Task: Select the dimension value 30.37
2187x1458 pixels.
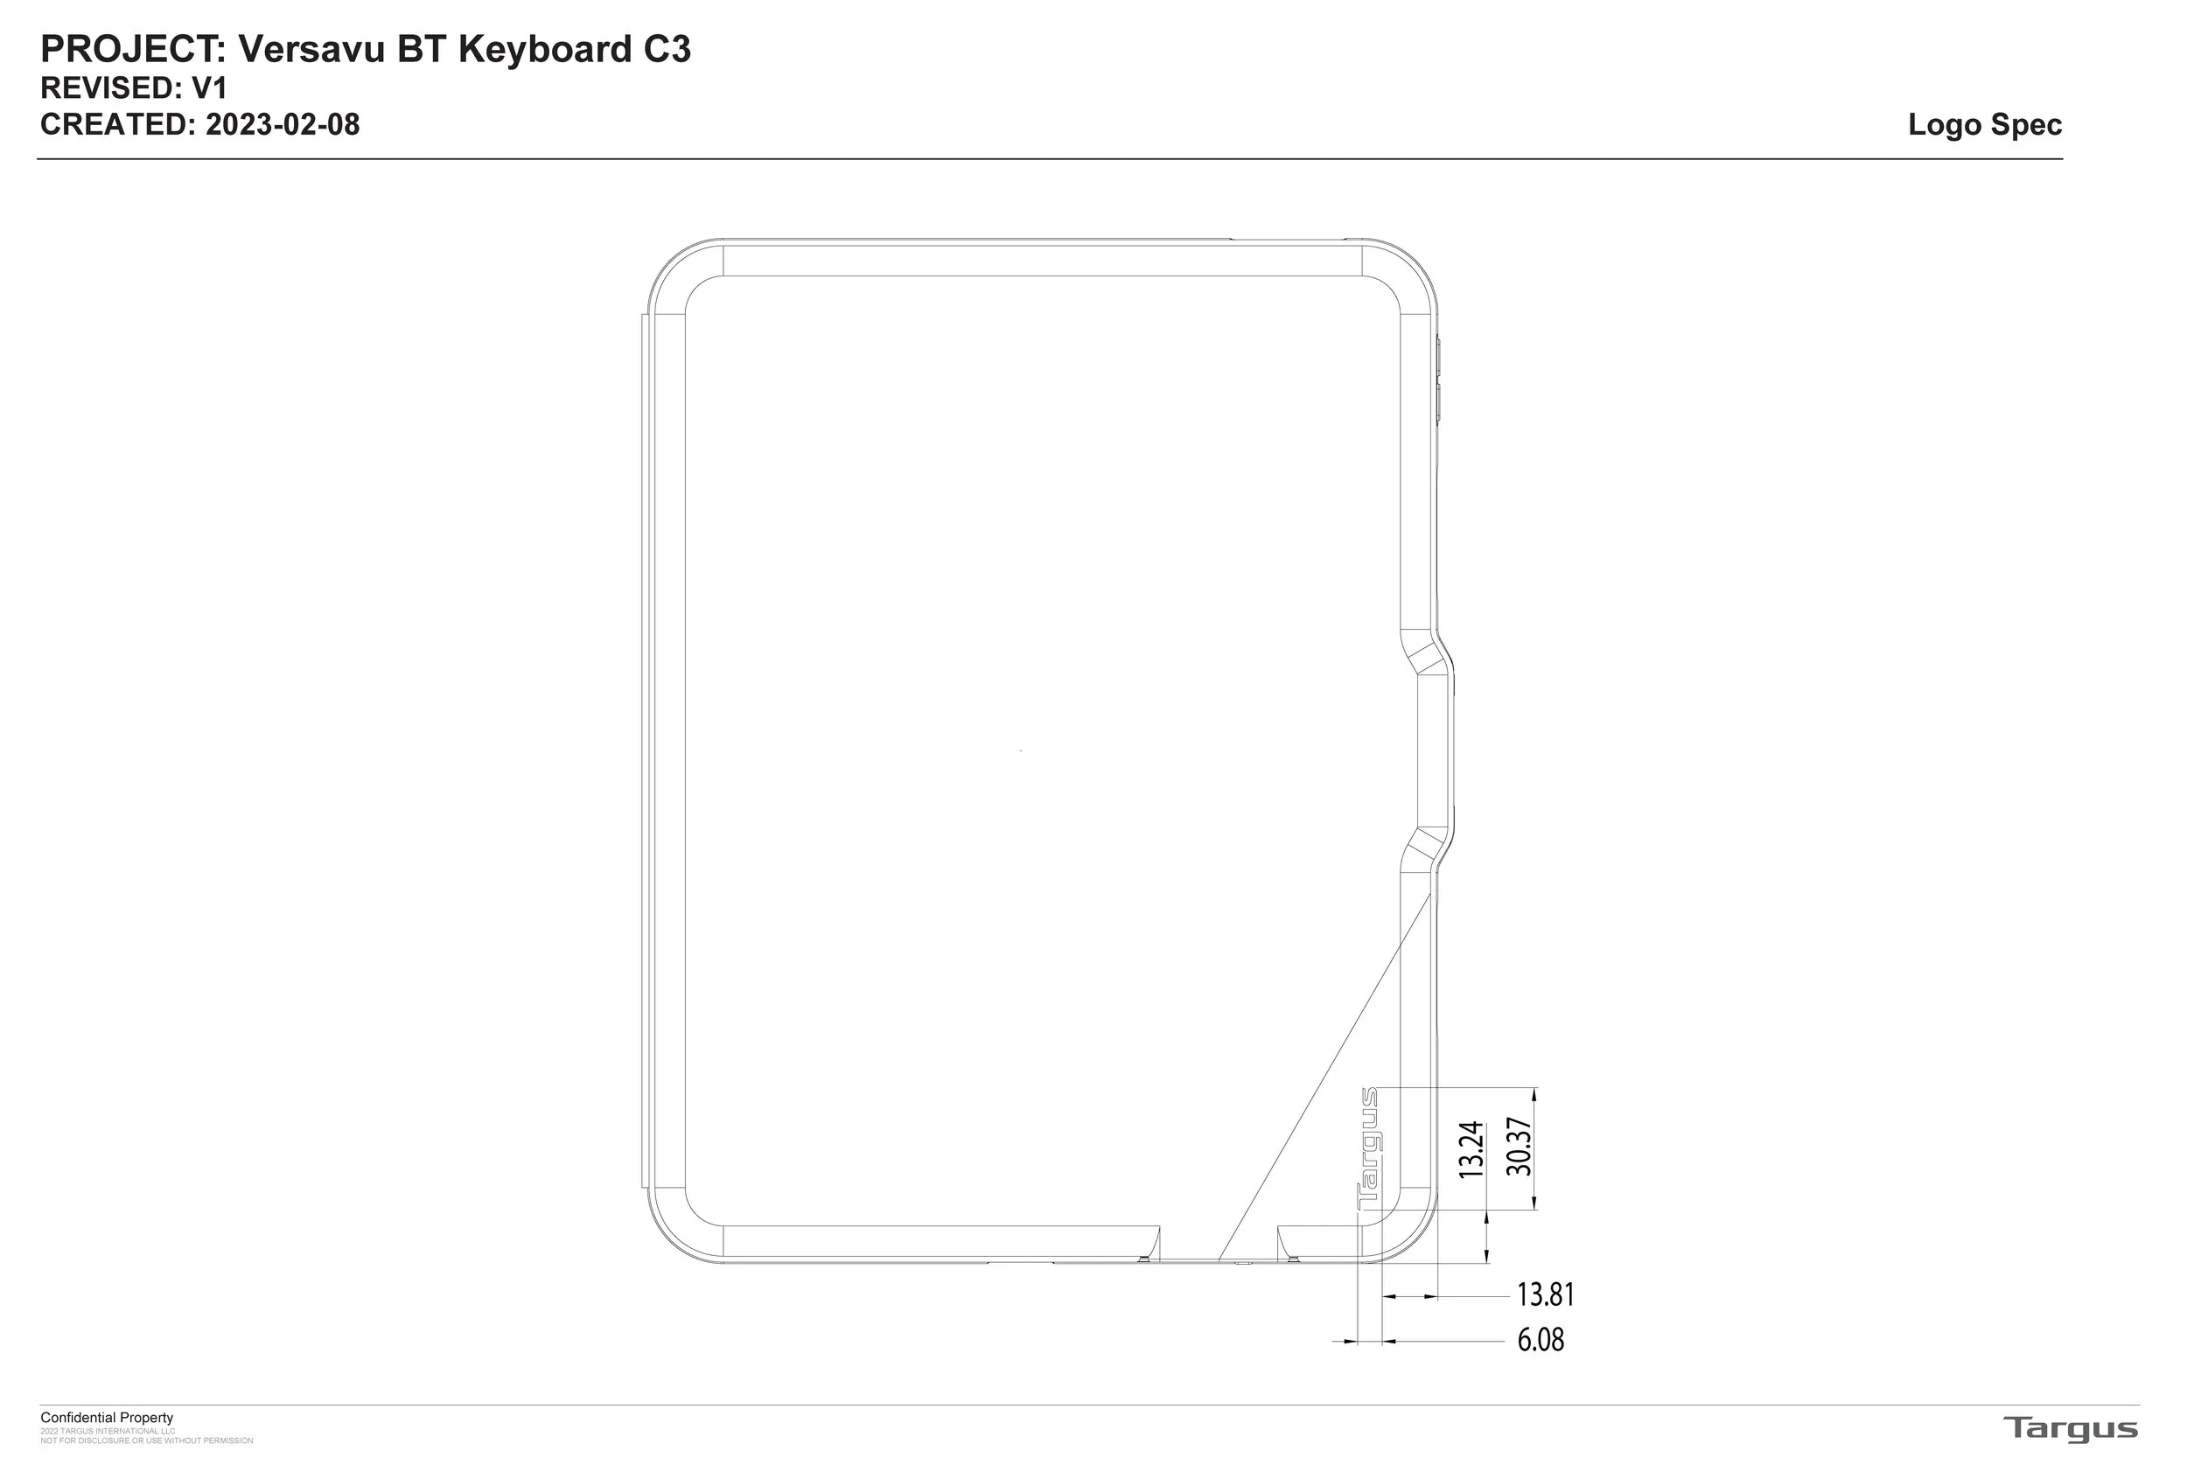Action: (x=1519, y=1147)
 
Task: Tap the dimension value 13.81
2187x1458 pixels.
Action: (x=1546, y=1294)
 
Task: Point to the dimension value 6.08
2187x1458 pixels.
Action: (x=1541, y=1340)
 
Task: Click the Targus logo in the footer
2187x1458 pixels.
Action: (x=2070, y=1428)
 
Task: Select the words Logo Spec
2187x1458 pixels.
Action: (x=1984, y=124)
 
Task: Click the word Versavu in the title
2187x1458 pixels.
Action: (x=312, y=49)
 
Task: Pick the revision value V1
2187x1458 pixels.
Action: (x=209, y=88)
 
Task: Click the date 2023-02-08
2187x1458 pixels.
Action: (x=283, y=124)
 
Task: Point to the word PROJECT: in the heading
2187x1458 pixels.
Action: (x=134, y=49)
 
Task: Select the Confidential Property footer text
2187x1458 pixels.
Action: (x=107, y=1418)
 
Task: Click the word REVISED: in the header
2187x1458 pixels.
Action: (x=112, y=88)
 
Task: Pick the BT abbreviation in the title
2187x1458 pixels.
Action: (x=423, y=49)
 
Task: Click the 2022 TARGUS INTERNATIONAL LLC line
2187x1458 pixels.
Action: (x=108, y=1431)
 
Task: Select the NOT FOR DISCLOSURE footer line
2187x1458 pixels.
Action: (x=147, y=1441)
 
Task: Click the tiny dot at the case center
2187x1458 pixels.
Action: (x=1021, y=750)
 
